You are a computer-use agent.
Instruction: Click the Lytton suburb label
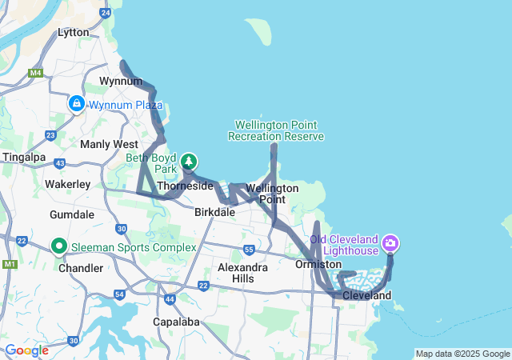[x=74, y=33]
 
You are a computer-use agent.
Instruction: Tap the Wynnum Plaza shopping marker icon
[x=77, y=104]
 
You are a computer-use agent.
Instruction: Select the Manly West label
[x=109, y=144]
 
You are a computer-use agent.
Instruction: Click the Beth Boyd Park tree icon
[x=189, y=162]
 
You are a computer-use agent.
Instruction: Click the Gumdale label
[x=72, y=215]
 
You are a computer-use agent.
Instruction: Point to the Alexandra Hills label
[x=242, y=273]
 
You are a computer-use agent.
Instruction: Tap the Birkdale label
[x=214, y=212]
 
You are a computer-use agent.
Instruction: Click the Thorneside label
[x=185, y=186]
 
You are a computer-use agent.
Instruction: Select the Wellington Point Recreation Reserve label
[x=276, y=130]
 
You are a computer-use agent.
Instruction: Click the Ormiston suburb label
[x=318, y=264]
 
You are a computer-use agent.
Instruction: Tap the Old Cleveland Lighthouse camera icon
[x=390, y=242]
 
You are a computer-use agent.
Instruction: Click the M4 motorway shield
[x=35, y=73]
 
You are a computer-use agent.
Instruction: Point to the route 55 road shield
[x=250, y=250]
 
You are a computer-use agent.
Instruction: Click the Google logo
[x=26, y=350]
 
